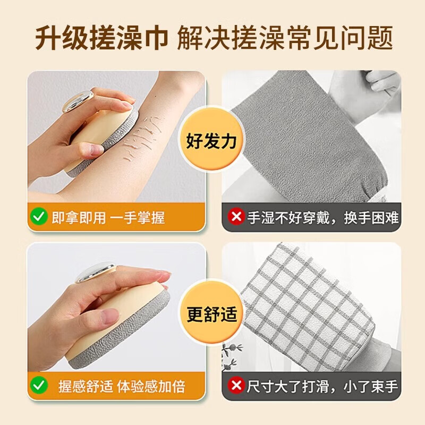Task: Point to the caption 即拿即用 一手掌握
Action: click(x=108, y=217)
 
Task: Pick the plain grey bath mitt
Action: click(x=303, y=149)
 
